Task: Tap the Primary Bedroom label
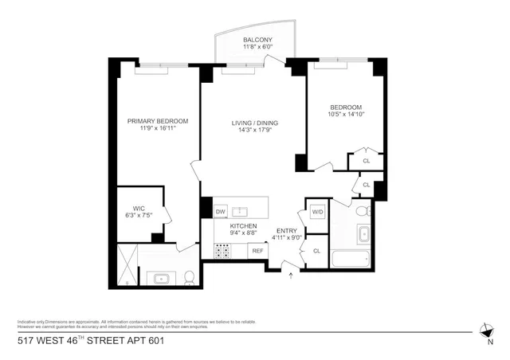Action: (158, 121)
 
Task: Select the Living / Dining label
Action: (255, 123)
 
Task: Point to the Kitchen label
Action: (243, 227)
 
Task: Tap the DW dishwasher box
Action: (221, 212)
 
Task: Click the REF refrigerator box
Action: (257, 251)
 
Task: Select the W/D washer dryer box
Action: (316, 213)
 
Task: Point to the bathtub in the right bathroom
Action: (350, 259)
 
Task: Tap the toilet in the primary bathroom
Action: (190, 277)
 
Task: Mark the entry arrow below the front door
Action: (290, 276)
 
